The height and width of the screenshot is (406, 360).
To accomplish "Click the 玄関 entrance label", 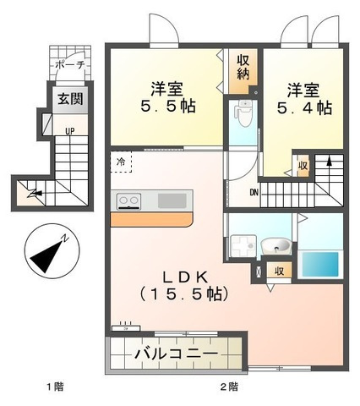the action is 70,99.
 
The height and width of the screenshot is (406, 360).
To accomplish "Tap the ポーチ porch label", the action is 70,64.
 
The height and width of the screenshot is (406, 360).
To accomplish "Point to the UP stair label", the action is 70,131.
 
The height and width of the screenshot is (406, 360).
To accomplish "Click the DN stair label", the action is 254,193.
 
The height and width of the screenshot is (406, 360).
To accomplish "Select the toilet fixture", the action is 243,113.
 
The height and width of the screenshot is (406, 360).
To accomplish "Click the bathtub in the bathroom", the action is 320,265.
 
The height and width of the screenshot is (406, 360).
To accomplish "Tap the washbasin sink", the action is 275,246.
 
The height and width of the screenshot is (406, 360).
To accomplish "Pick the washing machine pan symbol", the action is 243,246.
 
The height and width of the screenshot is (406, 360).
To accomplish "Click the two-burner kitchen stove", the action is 129,201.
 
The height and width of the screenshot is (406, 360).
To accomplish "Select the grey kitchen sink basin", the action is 172,200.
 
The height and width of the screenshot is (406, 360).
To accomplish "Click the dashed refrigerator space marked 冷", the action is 121,162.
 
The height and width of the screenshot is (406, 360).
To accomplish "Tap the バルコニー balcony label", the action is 177,354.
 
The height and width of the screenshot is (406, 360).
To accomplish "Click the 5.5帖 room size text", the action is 168,107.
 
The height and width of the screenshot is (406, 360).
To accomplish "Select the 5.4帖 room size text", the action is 304,107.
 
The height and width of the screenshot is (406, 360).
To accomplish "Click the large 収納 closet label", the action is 243,67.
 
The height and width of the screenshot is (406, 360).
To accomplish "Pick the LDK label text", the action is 186,277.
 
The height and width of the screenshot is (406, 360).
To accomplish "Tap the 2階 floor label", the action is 229,387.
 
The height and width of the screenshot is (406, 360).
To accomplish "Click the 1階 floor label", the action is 55,387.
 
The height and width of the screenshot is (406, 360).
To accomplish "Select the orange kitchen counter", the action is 152,219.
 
